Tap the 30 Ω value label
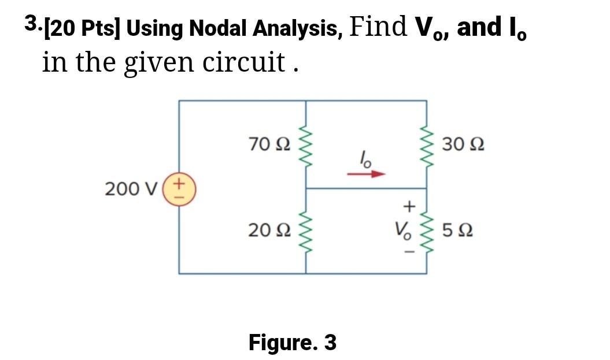coord(462,144)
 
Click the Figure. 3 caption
coord(293,343)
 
